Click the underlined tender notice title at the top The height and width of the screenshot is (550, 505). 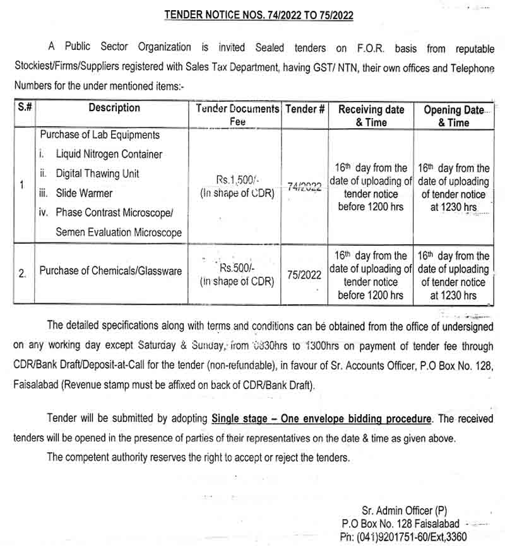tap(258, 15)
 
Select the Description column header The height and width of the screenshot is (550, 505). tap(114, 108)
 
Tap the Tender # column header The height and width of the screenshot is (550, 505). tap(305, 109)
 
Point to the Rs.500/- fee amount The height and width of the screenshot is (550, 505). tap(237, 268)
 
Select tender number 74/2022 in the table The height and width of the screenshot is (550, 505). tap(305, 187)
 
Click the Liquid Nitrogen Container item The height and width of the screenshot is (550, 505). tap(109, 154)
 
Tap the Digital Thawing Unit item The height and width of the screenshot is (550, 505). tap(97, 174)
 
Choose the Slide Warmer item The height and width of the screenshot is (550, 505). tap(84, 193)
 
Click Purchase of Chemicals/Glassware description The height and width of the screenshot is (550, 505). tap(110, 271)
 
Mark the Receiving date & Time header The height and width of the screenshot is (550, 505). tap(371, 116)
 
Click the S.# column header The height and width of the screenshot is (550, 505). tap(25, 108)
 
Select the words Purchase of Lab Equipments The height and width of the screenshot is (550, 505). tap(100, 135)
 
